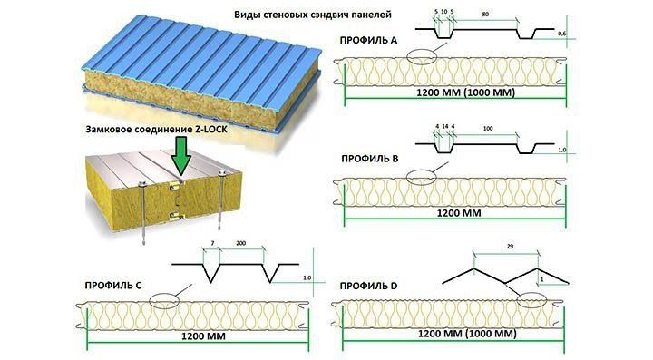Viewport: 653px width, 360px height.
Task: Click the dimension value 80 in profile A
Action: pyautogui.click(x=486, y=14)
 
